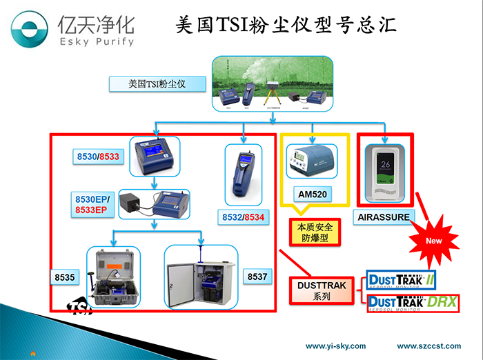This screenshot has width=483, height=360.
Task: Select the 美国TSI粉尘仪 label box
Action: click(x=157, y=85)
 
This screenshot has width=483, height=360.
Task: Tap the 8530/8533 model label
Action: click(x=97, y=157)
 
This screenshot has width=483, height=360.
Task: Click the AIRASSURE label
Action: click(x=384, y=217)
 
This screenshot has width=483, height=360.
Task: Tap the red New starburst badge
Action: click(x=434, y=241)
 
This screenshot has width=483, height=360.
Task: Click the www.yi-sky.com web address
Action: click(x=335, y=346)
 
